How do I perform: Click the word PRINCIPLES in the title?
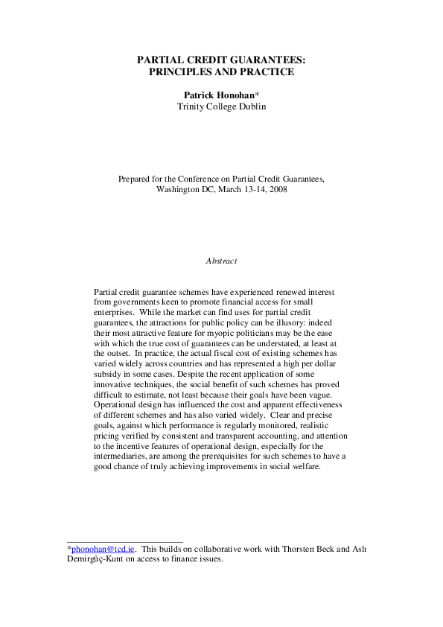179,72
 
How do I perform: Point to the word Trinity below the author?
192,106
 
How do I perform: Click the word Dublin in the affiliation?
251,106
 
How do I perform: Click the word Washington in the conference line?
179,190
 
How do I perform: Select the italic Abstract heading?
221,261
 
